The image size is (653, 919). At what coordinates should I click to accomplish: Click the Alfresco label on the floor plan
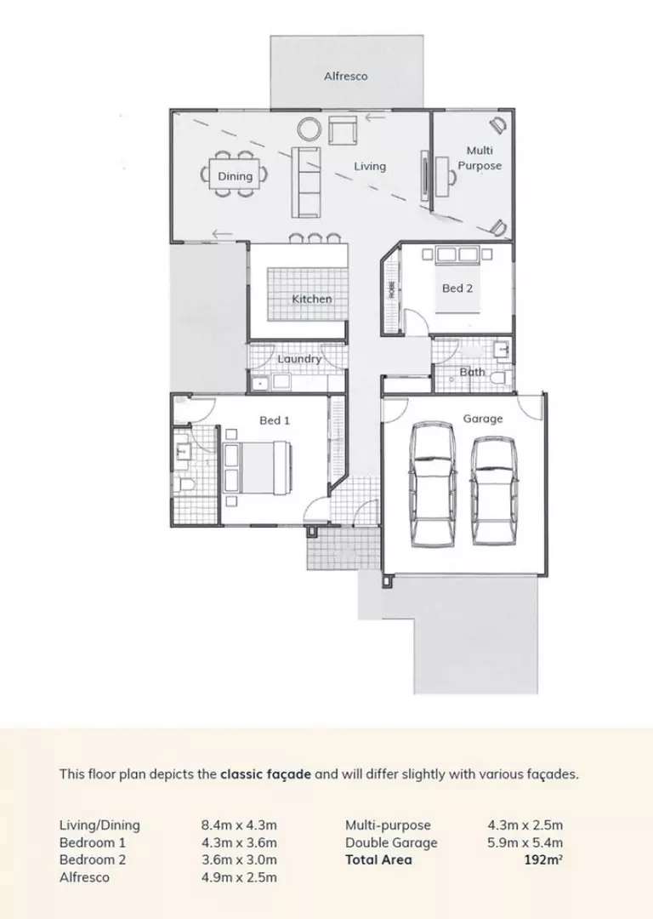[x=345, y=77]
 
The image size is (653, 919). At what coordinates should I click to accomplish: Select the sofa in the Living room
[x=306, y=180]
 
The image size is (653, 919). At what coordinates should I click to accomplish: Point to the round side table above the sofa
[x=308, y=129]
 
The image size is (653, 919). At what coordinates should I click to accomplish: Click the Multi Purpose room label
[x=480, y=158]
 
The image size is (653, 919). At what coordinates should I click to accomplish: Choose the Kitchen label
[x=312, y=299]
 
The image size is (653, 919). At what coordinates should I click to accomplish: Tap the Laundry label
[x=299, y=359]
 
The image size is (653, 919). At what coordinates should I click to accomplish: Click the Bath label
[x=472, y=372]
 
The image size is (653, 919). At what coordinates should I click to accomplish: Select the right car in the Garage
[x=493, y=491]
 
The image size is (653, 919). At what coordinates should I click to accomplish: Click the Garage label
[x=482, y=419]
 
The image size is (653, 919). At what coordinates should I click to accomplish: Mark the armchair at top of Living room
[x=343, y=130]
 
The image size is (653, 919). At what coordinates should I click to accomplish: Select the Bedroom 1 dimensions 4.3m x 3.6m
[x=239, y=842]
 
